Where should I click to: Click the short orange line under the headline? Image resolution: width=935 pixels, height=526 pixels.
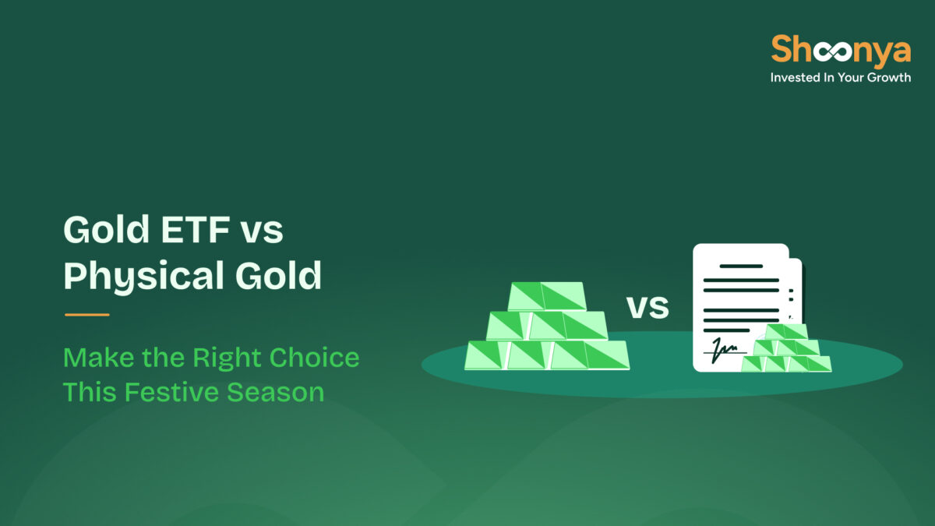86,315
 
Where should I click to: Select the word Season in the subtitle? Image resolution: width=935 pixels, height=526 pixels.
276,391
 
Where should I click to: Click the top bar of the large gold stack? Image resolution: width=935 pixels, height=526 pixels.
547,296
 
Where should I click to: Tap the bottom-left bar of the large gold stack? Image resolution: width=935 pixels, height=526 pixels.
486,355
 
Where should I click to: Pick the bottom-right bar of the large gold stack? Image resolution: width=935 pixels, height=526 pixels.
607,355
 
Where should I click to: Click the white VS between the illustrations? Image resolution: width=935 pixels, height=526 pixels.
648,307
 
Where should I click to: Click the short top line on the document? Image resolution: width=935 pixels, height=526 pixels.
741,266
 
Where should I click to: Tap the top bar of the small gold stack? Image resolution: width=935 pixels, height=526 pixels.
786,332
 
